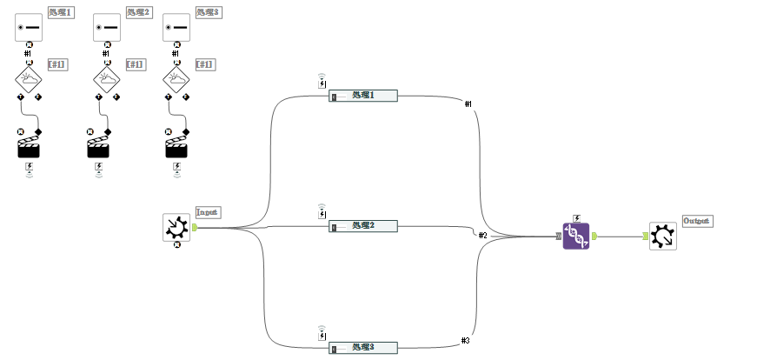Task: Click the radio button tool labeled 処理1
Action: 29,27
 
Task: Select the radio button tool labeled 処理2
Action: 106,27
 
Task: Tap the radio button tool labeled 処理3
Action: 176,27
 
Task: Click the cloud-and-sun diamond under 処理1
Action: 29,80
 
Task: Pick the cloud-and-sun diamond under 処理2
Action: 106,80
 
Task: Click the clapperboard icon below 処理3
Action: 176,145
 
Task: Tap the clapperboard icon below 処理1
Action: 30,145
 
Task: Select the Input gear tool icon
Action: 176,227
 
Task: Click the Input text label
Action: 208,211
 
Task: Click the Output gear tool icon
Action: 662,236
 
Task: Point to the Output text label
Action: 697,221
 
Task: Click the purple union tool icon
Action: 575,236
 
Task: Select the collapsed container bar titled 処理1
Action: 363,96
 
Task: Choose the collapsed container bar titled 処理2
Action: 363,226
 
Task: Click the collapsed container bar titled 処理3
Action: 363,348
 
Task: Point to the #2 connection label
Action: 483,236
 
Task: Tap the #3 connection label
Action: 466,340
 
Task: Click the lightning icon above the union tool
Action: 576,217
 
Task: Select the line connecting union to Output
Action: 619,236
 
